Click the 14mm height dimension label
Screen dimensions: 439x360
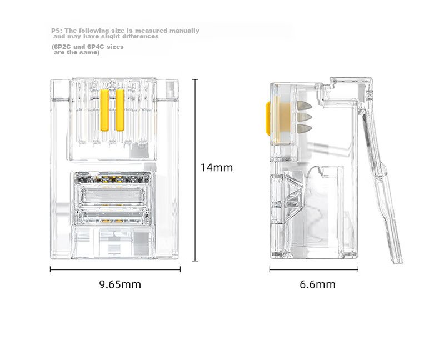click(217, 167)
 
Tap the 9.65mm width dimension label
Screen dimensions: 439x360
click(120, 284)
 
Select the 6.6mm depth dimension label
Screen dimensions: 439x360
click(317, 284)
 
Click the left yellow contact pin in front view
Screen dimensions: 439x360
click(104, 110)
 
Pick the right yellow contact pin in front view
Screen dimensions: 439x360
click(120, 110)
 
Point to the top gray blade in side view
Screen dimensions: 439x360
click(305, 106)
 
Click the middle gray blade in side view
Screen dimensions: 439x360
click(305, 117)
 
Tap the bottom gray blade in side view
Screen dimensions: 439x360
click(305, 129)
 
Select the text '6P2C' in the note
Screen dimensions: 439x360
click(62, 47)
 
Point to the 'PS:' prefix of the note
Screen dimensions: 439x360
click(57, 31)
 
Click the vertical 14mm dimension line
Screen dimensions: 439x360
click(195, 170)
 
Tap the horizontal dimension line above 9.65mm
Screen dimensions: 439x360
click(115, 269)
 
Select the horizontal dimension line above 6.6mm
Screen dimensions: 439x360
click(314, 269)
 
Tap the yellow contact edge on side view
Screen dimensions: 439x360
click(268, 118)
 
